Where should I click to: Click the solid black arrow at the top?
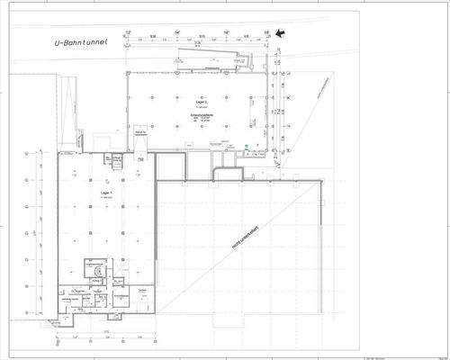click(283, 33)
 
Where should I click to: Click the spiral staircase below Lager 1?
click(92, 267)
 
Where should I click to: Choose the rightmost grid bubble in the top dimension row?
click(267, 33)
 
